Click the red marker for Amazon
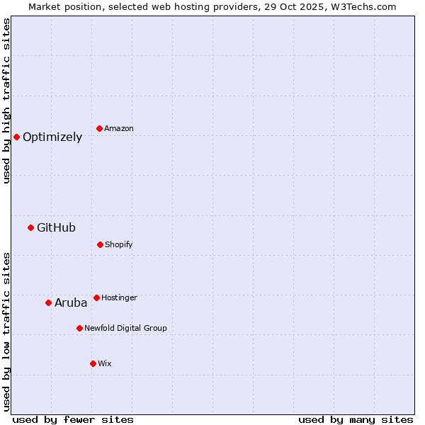click(x=99, y=128)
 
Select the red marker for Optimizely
click(x=16, y=137)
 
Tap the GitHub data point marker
click(x=30, y=227)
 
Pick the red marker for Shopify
click(x=100, y=244)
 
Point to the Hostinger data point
click(x=96, y=297)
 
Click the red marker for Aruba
click(x=48, y=302)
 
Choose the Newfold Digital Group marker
click(x=79, y=328)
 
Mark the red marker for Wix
click(x=93, y=363)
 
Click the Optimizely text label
click(x=52, y=137)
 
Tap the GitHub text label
click(x=56, y=228)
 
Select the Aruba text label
click(x=71, y=303)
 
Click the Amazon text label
click(x=119, y=129)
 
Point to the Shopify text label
click(x=119, y=245)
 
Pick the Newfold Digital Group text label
click(x=125, y=329)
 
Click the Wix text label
click(x=105, y=364)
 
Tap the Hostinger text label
click(x=119, y=298)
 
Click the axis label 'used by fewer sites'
click(x=73, y=420)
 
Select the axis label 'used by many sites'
click(x=356, y=420)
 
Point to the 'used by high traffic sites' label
click(x=7, y=101)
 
